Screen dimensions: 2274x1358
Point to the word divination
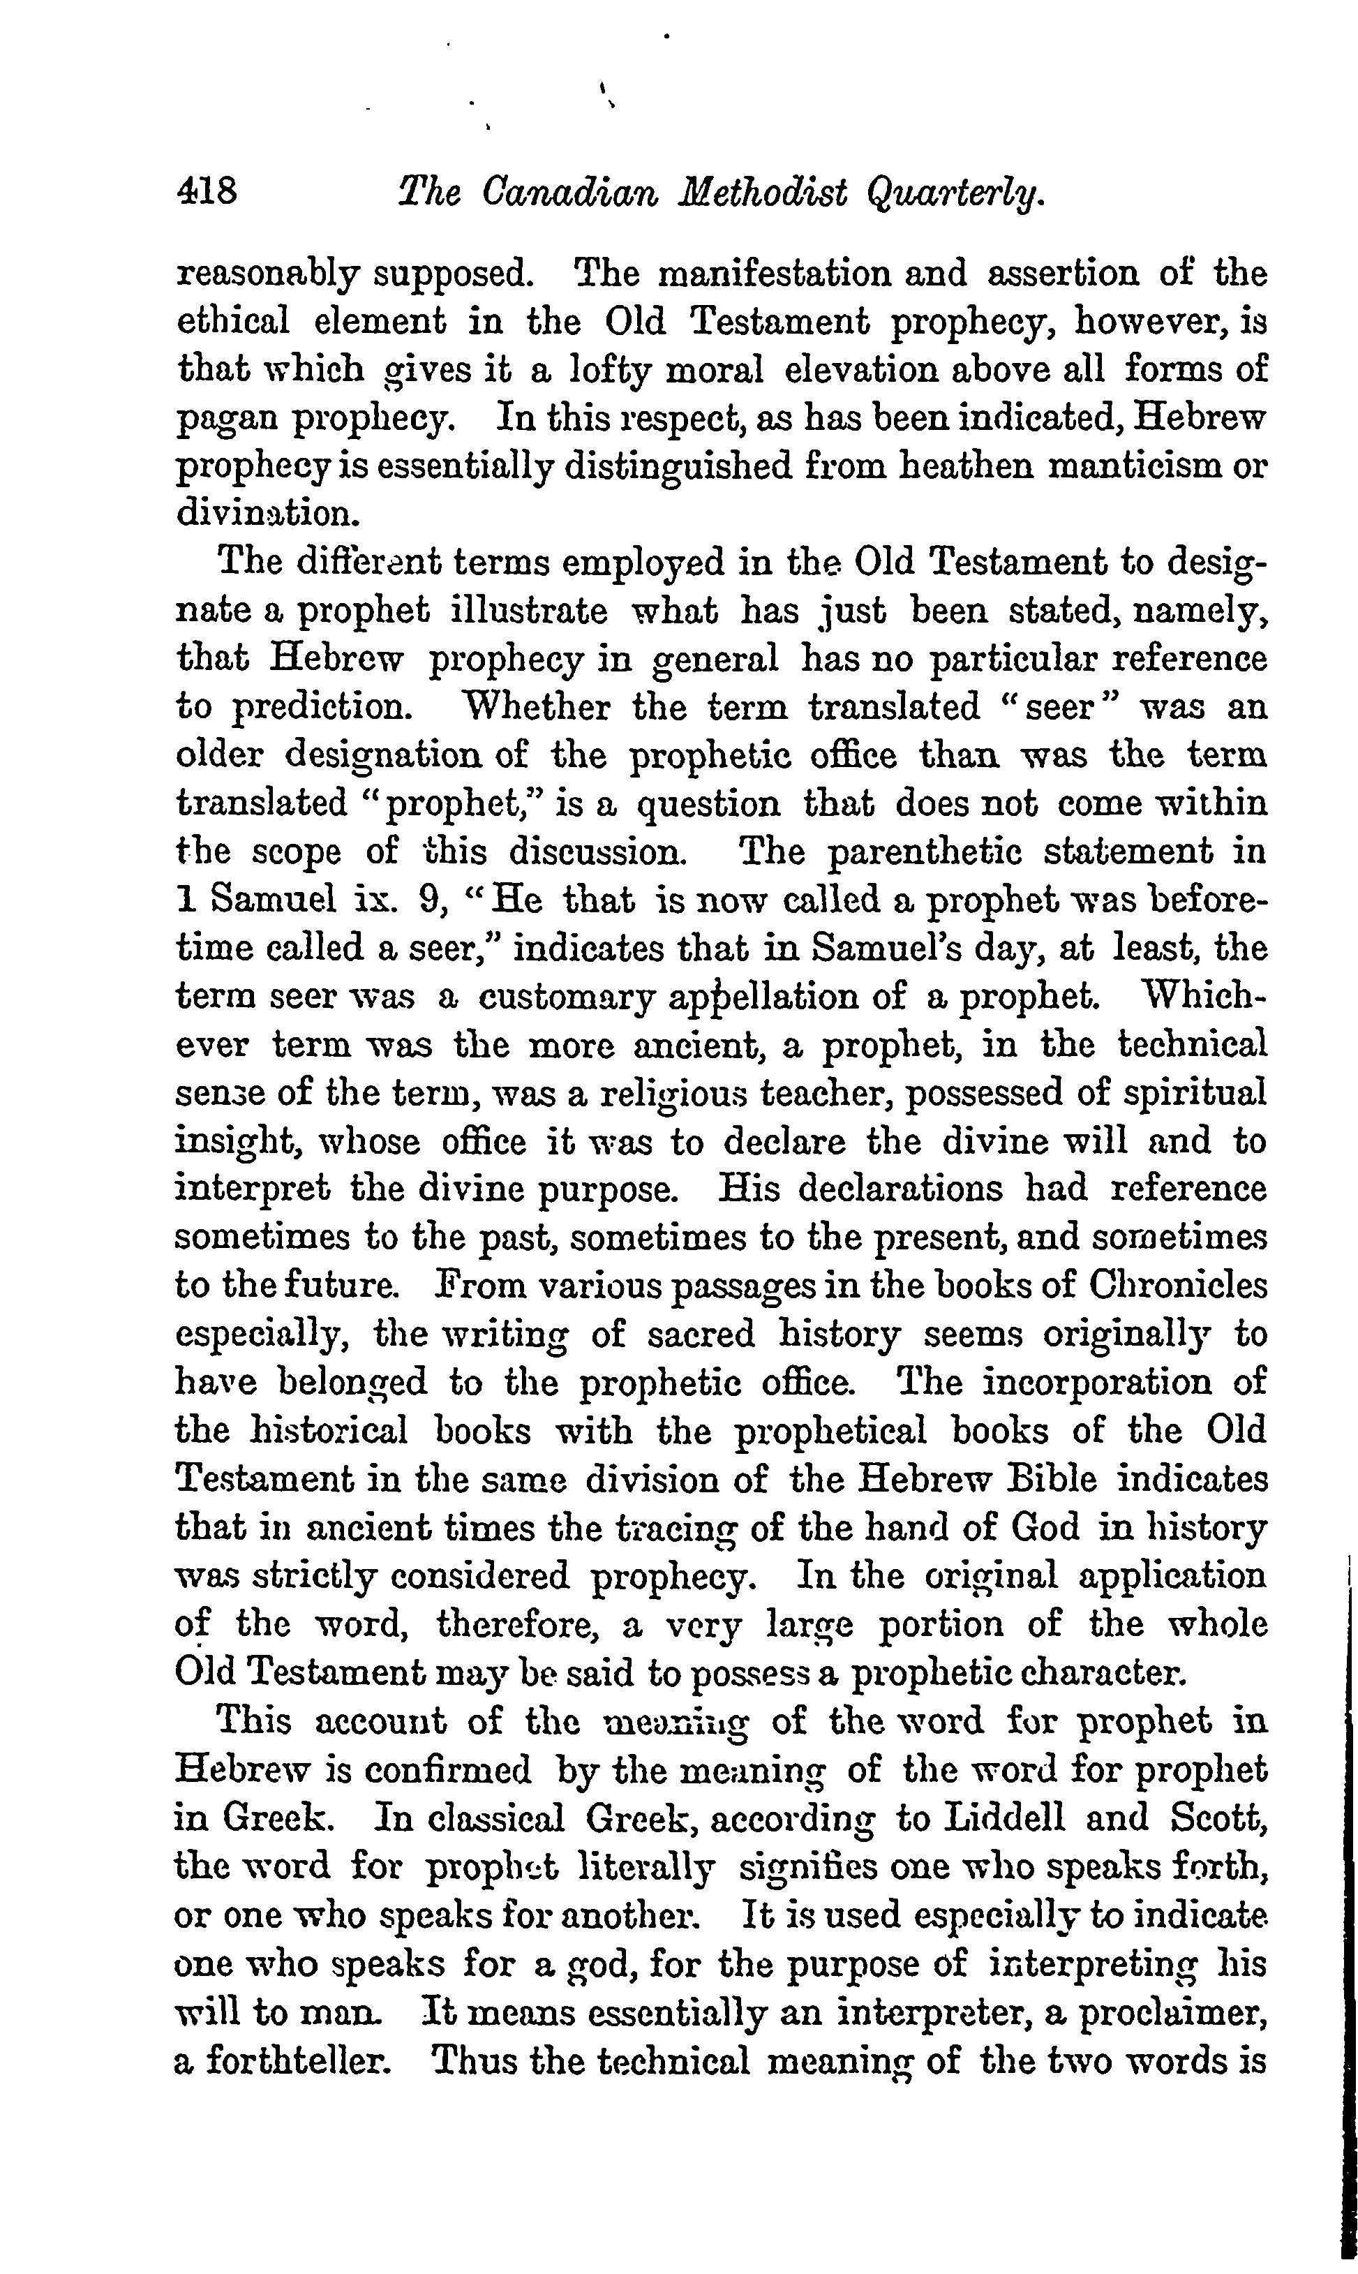pyautogui.click(x=264, y=514)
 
